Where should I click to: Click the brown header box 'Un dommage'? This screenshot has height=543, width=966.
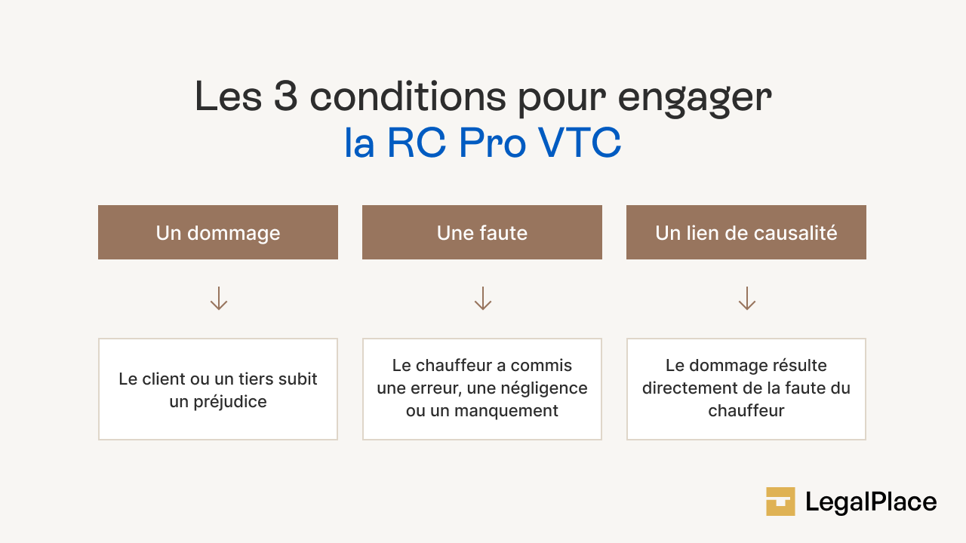click(218, 232)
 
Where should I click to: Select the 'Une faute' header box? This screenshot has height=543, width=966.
click(482, 232)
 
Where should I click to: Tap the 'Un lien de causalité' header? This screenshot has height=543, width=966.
click(746, 232)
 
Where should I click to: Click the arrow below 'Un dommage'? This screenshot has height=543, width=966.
click(219, 299)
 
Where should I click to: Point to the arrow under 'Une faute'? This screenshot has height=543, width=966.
click(483, 299)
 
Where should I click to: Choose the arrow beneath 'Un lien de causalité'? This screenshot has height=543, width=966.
click(747, 299)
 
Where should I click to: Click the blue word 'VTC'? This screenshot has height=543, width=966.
click(580, 143)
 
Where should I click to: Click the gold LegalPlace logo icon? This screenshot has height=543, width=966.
click(780, 502)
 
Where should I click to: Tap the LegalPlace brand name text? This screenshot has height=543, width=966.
click(871, 502)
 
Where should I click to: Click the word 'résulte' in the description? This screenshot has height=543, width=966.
click(798, 366)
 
